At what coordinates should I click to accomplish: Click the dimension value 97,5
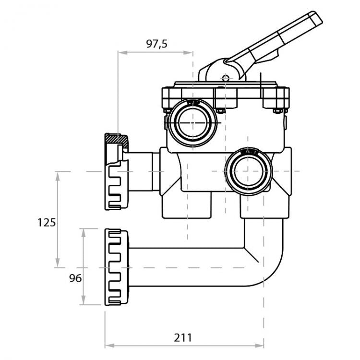point(156,44)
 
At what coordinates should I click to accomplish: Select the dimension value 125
point(47,222)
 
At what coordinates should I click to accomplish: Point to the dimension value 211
point(183,337)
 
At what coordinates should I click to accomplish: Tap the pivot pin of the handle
point(225,77)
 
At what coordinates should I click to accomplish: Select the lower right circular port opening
point(248,170)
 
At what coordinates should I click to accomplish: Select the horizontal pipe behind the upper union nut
point(142,171)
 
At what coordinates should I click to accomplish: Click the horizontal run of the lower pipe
point(187,267)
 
